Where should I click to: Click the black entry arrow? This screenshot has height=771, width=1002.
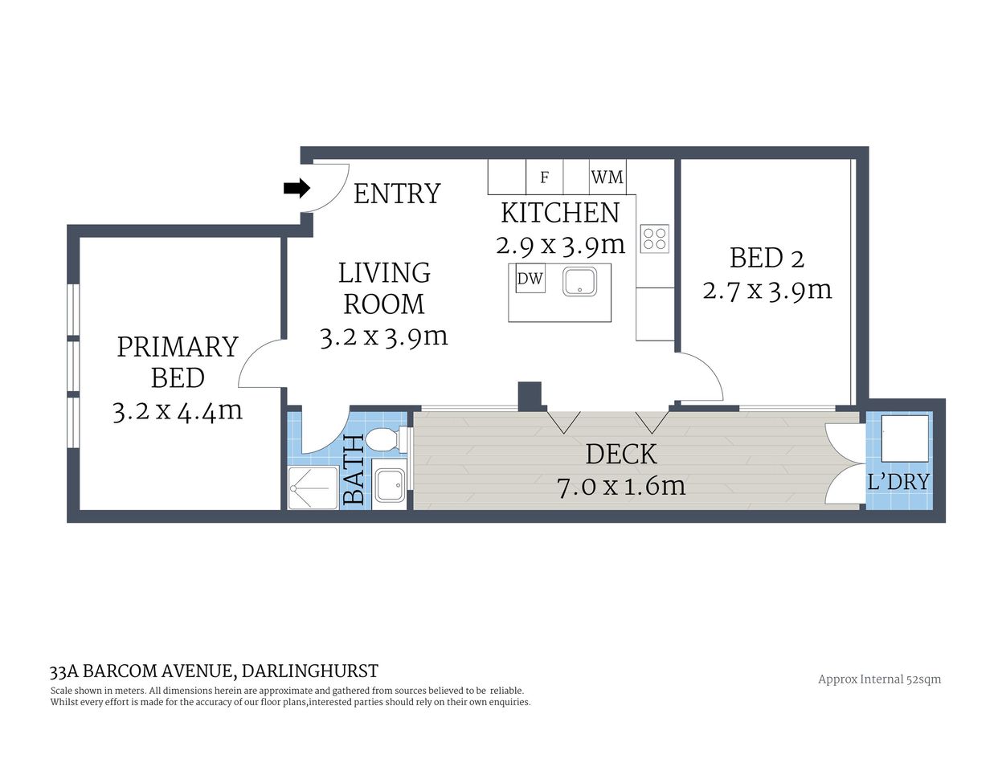297,189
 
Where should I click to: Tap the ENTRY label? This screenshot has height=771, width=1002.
397,194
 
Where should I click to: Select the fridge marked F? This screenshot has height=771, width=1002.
544,177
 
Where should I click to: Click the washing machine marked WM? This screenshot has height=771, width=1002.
607,177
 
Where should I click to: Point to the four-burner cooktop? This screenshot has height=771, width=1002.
654,239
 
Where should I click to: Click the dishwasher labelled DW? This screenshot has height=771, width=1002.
530,279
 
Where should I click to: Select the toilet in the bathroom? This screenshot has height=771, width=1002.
384,440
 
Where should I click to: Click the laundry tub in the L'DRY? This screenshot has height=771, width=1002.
905,439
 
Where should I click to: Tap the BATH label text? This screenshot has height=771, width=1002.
354,470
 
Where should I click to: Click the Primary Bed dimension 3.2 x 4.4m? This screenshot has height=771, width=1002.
178,411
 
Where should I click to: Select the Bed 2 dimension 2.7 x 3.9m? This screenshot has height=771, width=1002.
767,290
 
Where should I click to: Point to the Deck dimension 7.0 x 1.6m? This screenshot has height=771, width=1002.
621,486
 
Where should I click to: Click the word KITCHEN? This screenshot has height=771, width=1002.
560,213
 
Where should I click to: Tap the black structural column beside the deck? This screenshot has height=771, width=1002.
530,396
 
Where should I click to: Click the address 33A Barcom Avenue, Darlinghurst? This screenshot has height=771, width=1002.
214,671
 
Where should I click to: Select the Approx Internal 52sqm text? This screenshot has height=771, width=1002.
879,679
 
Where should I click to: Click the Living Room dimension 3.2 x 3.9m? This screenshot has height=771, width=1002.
383,337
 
